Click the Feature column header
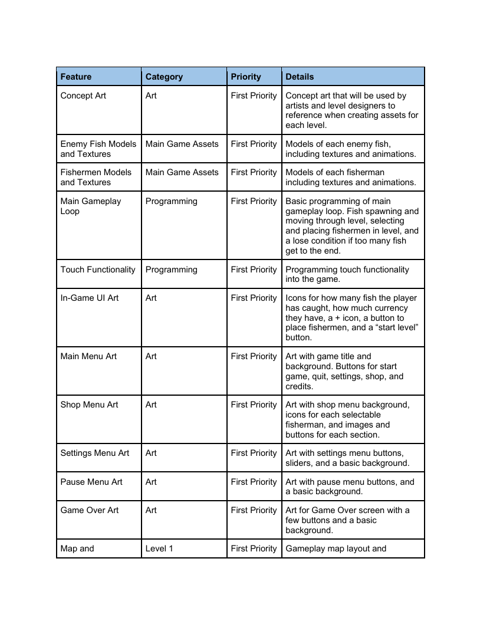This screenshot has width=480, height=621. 76,77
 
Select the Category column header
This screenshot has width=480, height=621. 164,77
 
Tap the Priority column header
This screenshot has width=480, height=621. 246,77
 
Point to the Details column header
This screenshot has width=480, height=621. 300,77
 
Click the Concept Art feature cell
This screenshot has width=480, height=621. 83,96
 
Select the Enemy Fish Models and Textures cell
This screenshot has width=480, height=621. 98,149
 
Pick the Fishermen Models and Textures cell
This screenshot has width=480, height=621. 96,177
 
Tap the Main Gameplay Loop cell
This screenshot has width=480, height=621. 90,206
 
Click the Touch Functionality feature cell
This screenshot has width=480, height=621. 98,270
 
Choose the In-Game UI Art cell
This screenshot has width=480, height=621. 90,298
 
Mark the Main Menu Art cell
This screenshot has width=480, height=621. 88,356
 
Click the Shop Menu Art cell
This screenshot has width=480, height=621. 89,405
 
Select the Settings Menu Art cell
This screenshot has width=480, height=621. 94,453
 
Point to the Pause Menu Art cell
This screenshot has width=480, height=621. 91,482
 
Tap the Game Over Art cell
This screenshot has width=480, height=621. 90,510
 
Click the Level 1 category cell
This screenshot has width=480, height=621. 159,548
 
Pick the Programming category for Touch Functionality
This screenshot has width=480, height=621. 171,270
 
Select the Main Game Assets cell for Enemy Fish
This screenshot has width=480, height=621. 182,144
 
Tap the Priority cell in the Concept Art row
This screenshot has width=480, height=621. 254,96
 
